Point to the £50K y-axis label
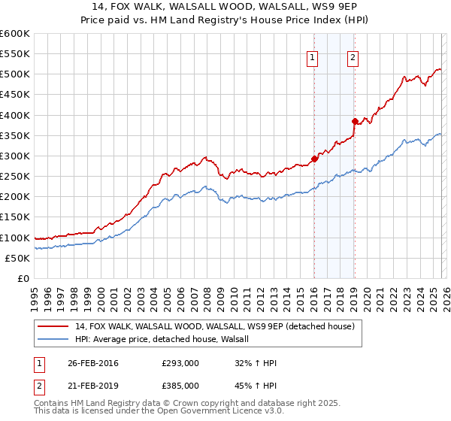[17, 258]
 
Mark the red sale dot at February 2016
[314, 159]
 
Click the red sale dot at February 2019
[354, 121]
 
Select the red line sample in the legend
[54, 326]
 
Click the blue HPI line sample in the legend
[54, 339]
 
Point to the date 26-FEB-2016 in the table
[93, 363]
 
